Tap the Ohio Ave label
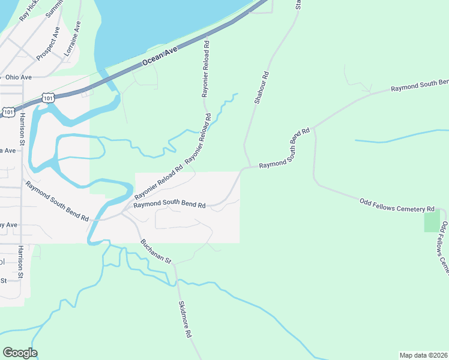tap(17, 77)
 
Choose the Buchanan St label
tap(156, 252)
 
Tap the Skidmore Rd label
tap(184, 319)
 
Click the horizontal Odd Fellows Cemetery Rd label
tap(396, 205)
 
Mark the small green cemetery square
tap(432, 221)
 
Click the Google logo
tap(20, 353)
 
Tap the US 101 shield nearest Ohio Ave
tap(49, 98)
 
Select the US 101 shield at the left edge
tap(8, 112)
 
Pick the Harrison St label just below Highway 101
tap(22, 129)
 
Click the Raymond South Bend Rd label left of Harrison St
tap(57, 200)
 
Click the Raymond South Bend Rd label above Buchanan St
tap(169, 205)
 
